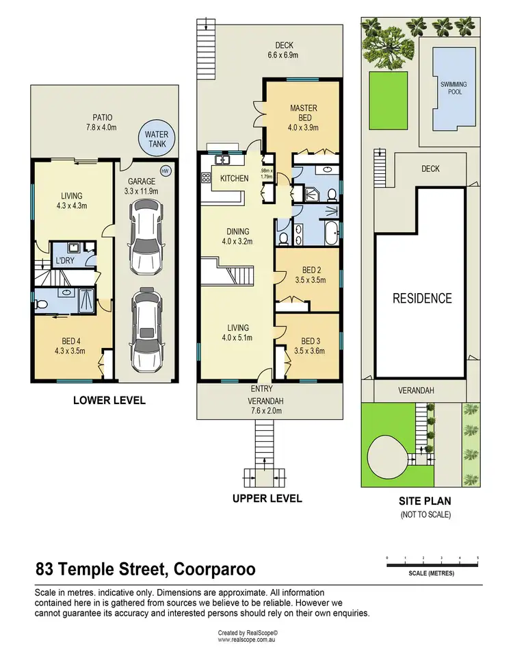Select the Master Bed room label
click(x=303, y=118)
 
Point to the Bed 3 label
click(x=310, y=346)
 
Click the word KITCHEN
click(x=234, y=179)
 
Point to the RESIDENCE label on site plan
click(x=422, y=299)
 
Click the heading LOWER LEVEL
click(x=109, y=400)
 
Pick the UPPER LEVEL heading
click(x=267, y=498)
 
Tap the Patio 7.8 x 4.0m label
click(x=101, y=122)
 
